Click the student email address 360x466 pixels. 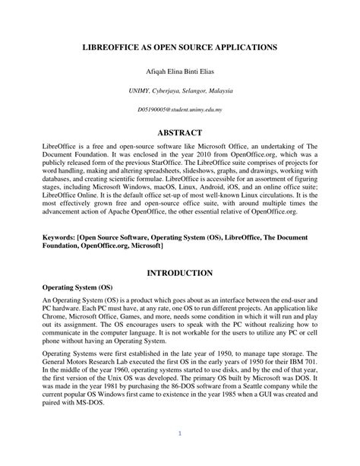pos(180,109)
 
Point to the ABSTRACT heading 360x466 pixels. pos(180,132)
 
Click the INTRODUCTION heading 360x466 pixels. pos(180,272)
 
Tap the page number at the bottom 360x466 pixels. pos(180,435)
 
